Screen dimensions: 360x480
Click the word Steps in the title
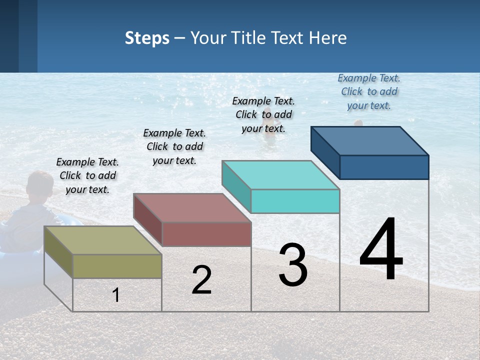[x=147, y=38]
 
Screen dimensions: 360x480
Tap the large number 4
[x=381, y=250]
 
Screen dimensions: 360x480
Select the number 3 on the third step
[x=293, y=265]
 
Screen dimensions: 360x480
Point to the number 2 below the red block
[x=201, y=280]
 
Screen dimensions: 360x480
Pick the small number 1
[x=116, y=295]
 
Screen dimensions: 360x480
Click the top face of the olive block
[x=102, y=240]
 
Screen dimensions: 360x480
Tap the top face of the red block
[x=191, y=207]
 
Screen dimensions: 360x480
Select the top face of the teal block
[x=280, y=174]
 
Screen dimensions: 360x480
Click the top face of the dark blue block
[x=369, y=140]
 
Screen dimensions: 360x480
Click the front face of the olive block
[x=117, y=266]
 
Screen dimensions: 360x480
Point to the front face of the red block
[x=206, y=234]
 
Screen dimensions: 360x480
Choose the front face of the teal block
[x=295, y=201]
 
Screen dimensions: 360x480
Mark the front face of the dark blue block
[x=384, y=167]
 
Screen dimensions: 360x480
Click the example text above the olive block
[x=87, y=175]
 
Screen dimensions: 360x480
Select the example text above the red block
[x=174, y=146]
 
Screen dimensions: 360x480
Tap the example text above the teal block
[x=263, y=114]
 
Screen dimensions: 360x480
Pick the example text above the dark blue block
[x=369, y=91]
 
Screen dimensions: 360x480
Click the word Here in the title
[x=328, y=38]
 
